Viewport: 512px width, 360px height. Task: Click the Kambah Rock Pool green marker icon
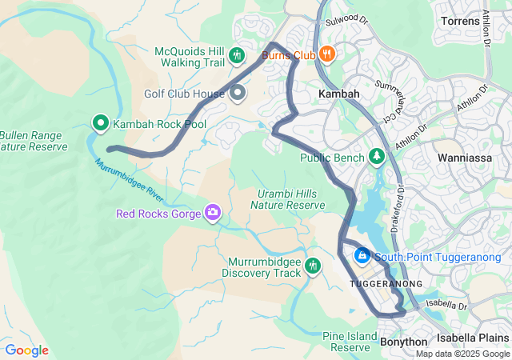click(101, 123)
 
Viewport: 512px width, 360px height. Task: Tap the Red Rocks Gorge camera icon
click(213, 212)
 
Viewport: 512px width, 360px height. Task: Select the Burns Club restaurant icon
click(326, 55)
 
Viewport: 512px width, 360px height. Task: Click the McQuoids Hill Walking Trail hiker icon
click(236, 55)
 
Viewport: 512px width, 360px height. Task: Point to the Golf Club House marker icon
click(238, 94)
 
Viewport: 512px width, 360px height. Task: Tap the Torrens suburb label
click(460, 20)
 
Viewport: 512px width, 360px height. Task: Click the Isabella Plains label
click(478, 338)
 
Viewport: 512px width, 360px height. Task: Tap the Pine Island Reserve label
click(350, 341)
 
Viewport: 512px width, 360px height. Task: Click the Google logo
click(26, 350)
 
